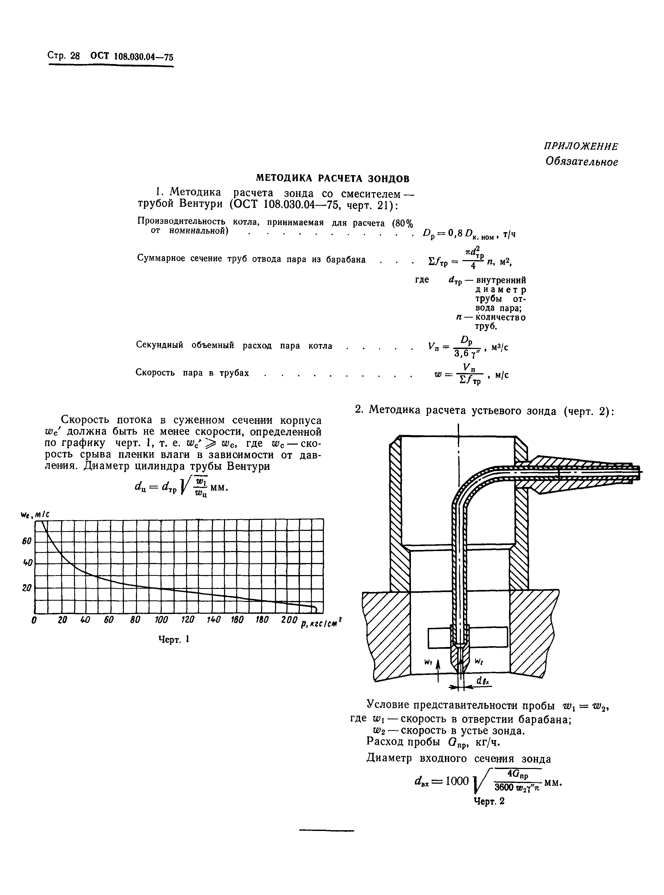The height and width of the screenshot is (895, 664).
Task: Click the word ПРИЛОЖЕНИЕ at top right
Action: (x=581, y=146)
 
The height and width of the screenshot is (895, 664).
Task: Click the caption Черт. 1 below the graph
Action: (x=174, y=639)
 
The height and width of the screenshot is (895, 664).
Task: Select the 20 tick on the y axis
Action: (x=27, y=588)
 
